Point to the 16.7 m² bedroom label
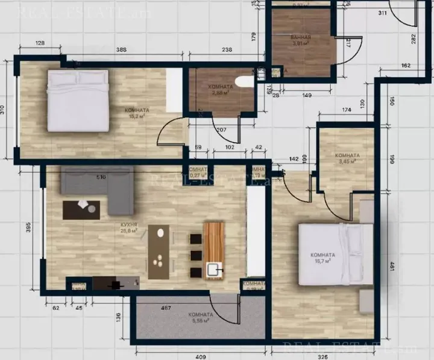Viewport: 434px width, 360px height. (x=324, y=258)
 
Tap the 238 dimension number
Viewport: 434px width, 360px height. (x=210, y=49)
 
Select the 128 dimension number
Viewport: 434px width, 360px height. (x=41, y=43)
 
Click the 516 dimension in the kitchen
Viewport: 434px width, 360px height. (x=101, y=177)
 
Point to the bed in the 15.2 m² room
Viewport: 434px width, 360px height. (x=78, y=100)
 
